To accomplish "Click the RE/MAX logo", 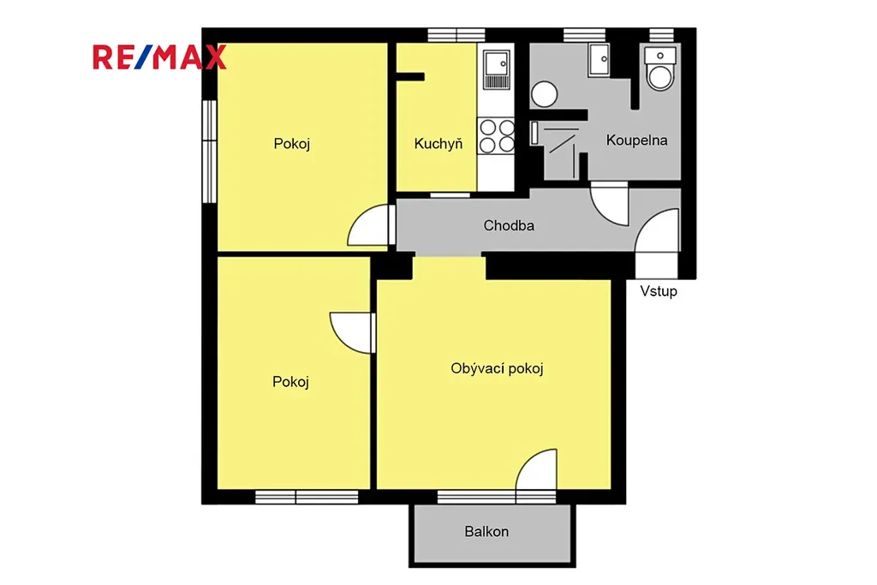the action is click(159, 57).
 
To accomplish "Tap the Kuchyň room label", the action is click(438, 144).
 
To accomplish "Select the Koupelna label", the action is click(636, 140).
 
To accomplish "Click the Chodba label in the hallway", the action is click(509, 225).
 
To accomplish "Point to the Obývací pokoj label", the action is click(498, 368).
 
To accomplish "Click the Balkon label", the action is click(486, 531).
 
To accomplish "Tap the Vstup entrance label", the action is click(659, 291).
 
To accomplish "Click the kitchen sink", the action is click(496, 70).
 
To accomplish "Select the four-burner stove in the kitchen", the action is click(496, 136).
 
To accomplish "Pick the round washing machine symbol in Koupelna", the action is click(544, 94).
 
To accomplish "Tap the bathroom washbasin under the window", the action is click(599, 60).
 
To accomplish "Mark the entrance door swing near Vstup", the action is click(657, 231).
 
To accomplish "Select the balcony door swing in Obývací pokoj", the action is click(536, 469).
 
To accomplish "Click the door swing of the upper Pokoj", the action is click(368, 225).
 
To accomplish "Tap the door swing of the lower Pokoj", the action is click(350, 333).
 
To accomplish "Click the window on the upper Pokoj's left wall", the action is click(209, 151).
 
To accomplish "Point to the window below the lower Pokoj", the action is click(307, 497).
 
